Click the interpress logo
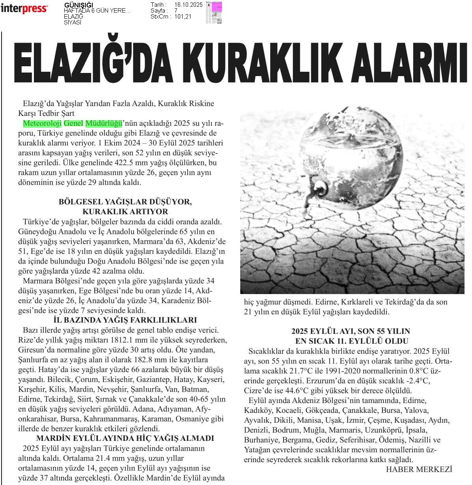coord(24,9)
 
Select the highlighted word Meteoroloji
coord(42,123)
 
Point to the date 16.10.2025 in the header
coord(188,5)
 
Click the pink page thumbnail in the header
coord(216,7)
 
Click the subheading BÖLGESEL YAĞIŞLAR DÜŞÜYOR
coord(125,201)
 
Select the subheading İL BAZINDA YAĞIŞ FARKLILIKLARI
coord(125,320)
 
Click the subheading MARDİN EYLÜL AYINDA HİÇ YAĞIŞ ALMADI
coord(125,438)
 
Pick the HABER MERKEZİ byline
coord(418,469)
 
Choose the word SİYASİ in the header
coord(73,22)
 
